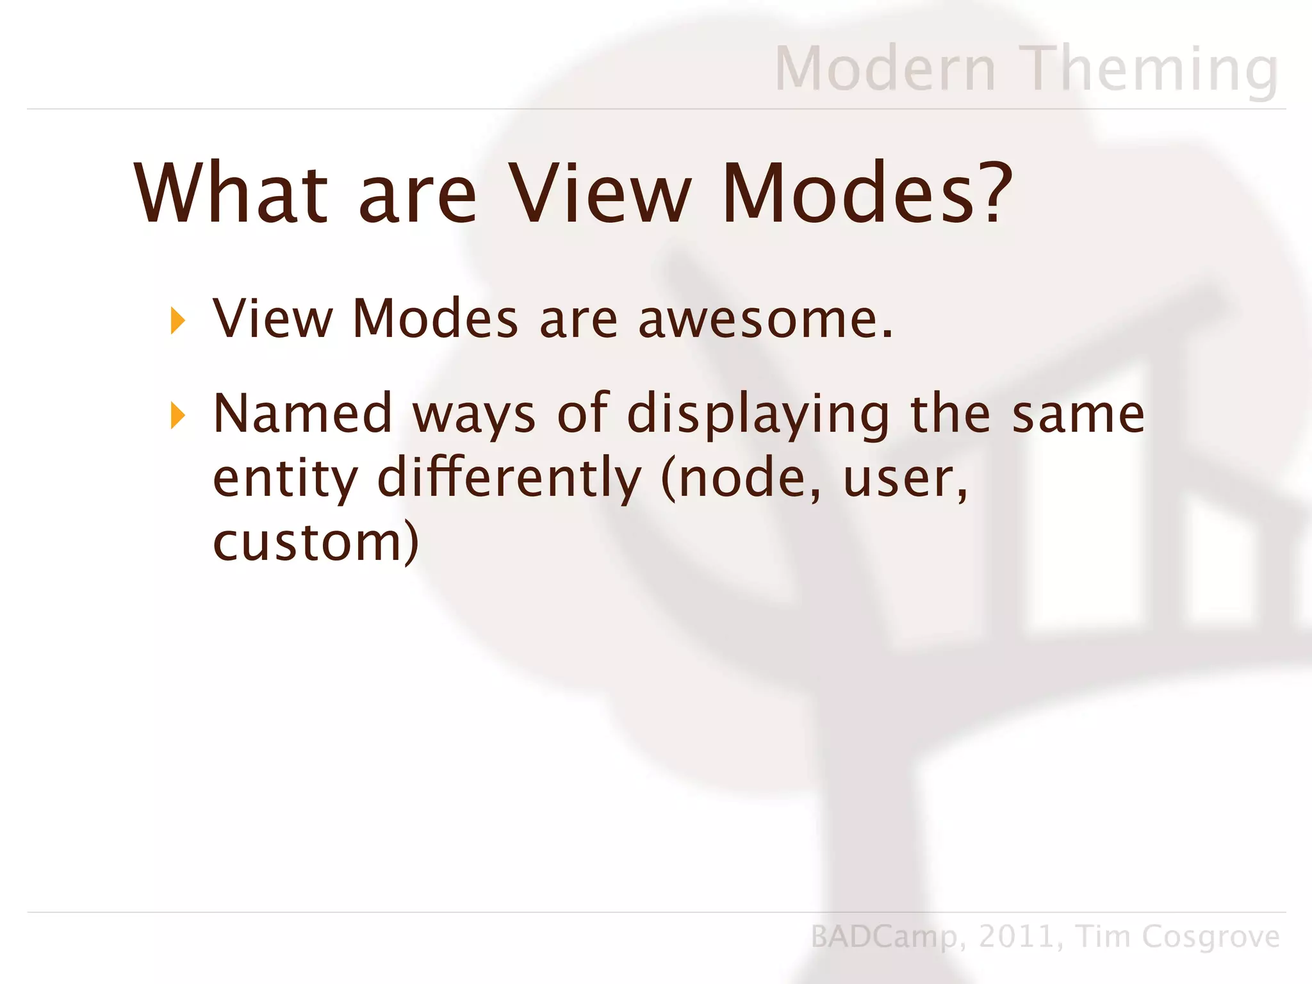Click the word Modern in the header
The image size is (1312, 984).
(885, 69)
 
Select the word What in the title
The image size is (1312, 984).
(231, 193)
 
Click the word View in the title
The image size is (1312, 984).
(600, 193)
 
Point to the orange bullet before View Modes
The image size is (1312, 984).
(178, 320)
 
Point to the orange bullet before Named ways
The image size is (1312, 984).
(178, 416)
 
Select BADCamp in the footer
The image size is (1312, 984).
(883, 937)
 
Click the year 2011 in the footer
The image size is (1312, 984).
(1016, 937)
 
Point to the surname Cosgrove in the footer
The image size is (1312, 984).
(1211, 937)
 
